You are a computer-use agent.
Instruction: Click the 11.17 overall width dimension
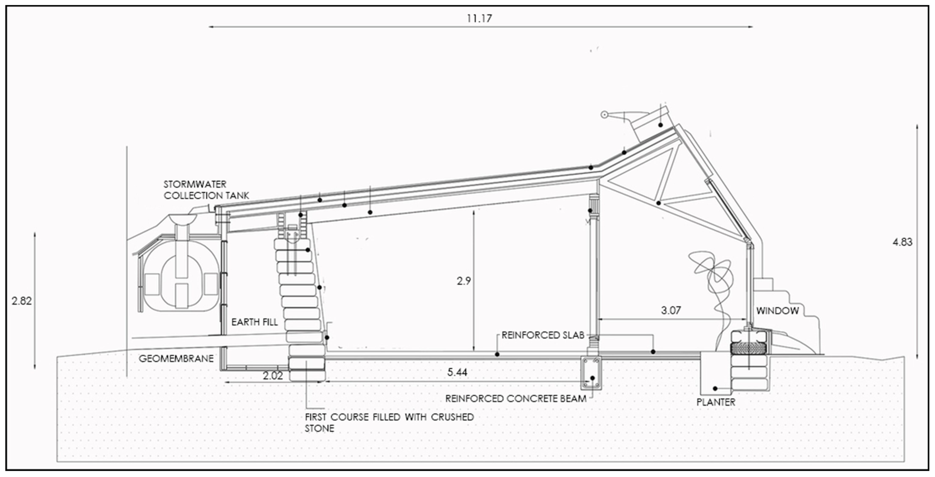pyautogui.click(x=479, y=18)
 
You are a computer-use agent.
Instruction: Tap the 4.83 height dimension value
pyautogui.click(x=902, y=242)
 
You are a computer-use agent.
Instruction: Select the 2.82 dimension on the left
pyautogui.click(x=22, y=301)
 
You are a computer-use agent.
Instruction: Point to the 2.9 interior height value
pyautogui.click(x=463, y=281)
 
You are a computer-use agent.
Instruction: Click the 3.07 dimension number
pyautogui.click(x=671, y=310)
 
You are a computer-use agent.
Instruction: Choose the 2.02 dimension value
pyautogui.click(x=273, y=376)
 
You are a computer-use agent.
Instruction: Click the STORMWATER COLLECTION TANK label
pyautogui.click(x=206, y=190)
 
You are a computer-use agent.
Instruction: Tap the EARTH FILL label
pyautogui.click(x=255, y=322)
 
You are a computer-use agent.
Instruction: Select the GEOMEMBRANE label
pyautogui.click(x=176, y=359)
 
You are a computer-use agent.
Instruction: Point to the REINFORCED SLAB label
pyautogui.click(x=543, y=335)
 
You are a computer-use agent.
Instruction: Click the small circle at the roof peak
pyautogui.click(x=604, y=115)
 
